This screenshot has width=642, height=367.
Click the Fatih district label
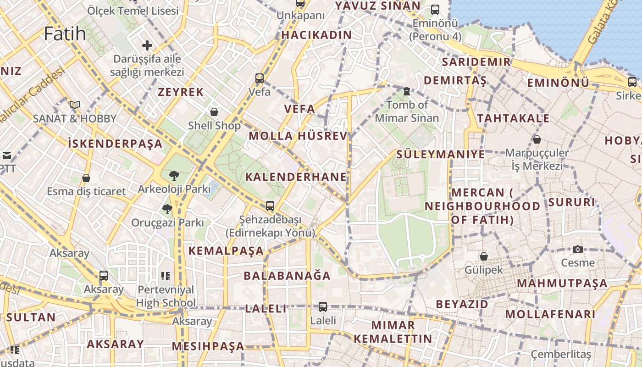(x=65, y=33)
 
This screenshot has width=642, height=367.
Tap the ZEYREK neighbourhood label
(x=181, y=92)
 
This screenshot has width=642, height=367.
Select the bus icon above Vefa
(x=260, y=78)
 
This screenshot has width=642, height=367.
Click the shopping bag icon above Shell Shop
(x=214, y=111)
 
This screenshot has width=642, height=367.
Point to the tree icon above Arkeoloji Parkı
(x=174, y=175)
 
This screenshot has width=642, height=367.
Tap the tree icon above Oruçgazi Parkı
(x=167, y=209)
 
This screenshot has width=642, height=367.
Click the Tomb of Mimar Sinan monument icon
(x=406, y=91)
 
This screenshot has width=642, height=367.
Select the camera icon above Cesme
(x=578, y=249)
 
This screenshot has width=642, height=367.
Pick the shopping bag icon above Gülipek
(x=483, y=256)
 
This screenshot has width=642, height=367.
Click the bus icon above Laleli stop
(x=323, y=306)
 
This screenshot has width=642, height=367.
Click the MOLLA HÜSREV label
(x=299, y=136)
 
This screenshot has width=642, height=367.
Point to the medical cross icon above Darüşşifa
(x=147, y=45)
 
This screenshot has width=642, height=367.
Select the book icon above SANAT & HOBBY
(x=75, y=105)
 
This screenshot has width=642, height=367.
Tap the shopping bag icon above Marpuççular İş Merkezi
(x=537, y=139)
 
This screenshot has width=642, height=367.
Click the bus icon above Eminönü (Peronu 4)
(x=435, y=9)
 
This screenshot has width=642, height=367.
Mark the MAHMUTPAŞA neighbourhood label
(x=562, y=283)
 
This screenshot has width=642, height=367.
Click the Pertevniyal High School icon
(x=166, y=276)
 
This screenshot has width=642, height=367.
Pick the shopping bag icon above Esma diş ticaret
(x=86, y=178)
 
